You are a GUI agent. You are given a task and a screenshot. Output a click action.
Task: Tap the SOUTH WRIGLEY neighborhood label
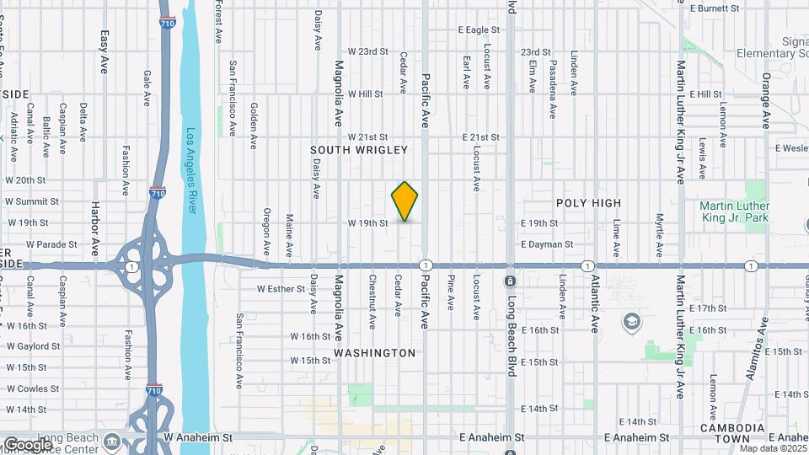click(x=359, y=150)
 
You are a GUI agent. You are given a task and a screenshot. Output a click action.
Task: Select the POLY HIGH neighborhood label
click(x=588, y=203)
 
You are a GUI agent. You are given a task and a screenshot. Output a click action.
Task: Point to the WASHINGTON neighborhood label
click(x=375, y=353)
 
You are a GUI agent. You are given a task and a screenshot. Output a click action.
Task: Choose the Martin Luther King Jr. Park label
click(x=735, y=211)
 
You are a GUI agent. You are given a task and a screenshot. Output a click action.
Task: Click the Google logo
click(x=28, y=444)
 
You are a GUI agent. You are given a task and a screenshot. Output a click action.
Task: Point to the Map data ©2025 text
click(x=773, y=448)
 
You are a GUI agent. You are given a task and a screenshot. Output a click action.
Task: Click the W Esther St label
click(x=280, y=289)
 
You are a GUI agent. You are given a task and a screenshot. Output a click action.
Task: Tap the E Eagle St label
click(x=479, y=30)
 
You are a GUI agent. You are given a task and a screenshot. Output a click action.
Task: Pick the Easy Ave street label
click(x=104, y=52)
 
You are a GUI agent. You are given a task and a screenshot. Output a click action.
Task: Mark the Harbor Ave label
click(x=95, y=222)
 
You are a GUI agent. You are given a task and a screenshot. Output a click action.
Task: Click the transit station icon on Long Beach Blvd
click(x=511, y=281)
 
